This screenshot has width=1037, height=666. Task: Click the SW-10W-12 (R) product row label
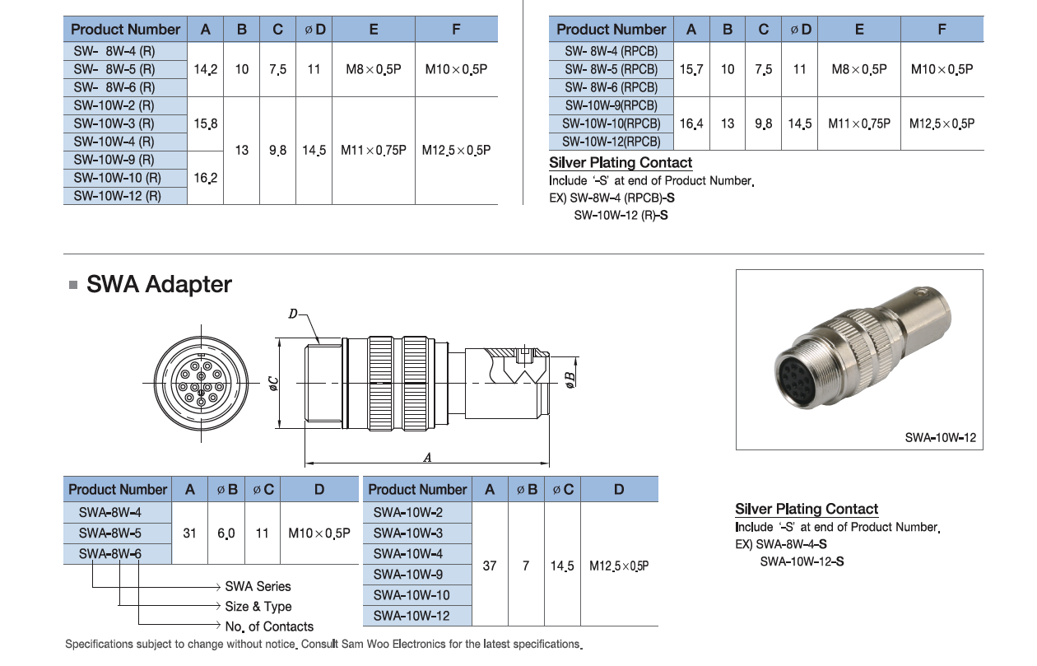(x=117, y=196)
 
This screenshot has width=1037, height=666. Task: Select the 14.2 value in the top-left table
(x=205, y=69)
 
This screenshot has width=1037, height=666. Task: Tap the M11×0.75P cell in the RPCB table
(x=859, y=123)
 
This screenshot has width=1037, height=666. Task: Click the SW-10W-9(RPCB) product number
(x=611, y=105)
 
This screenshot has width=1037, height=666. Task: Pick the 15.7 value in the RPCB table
(x=691, y=69)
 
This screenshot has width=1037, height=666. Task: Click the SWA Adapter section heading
(x=159, y=285)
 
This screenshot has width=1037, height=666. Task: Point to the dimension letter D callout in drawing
(x=293, y=314)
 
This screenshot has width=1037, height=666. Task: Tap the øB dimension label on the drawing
(x=570, y=380)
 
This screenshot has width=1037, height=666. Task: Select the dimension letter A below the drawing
(x=427, y=458)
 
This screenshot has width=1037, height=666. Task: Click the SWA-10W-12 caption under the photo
(x=940, y=438)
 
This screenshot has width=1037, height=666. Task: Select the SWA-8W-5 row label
(x=110, y=533)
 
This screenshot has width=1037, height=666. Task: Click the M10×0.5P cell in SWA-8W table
(x=319, y=533)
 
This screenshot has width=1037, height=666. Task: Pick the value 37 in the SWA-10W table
(x=490, y=566)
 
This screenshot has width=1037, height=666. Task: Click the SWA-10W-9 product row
(x=408, y=575)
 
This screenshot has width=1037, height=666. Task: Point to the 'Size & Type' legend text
(x=258, y=607)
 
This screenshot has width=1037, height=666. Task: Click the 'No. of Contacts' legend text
(x=269, y=626)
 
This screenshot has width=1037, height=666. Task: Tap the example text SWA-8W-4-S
(x=792, y=544)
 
